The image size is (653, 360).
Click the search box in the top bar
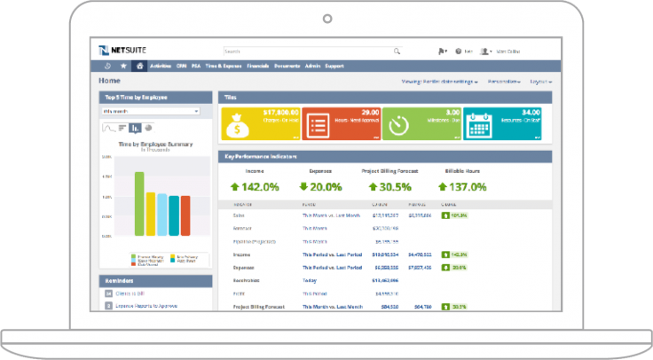pos(311,51)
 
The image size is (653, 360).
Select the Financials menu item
pos(258,66)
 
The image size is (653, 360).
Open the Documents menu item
pos(287,66)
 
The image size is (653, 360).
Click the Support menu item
pos(334,66)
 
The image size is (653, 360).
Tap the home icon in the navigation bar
pos(139,66)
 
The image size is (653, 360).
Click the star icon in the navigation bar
pos(123,66)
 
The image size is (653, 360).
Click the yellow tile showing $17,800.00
pos(260,124)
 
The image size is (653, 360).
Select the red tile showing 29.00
pos(341,124)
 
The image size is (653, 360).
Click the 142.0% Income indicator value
pos(255,187)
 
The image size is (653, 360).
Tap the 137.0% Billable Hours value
pos(462,187)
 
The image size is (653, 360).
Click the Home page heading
pos(110,81)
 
